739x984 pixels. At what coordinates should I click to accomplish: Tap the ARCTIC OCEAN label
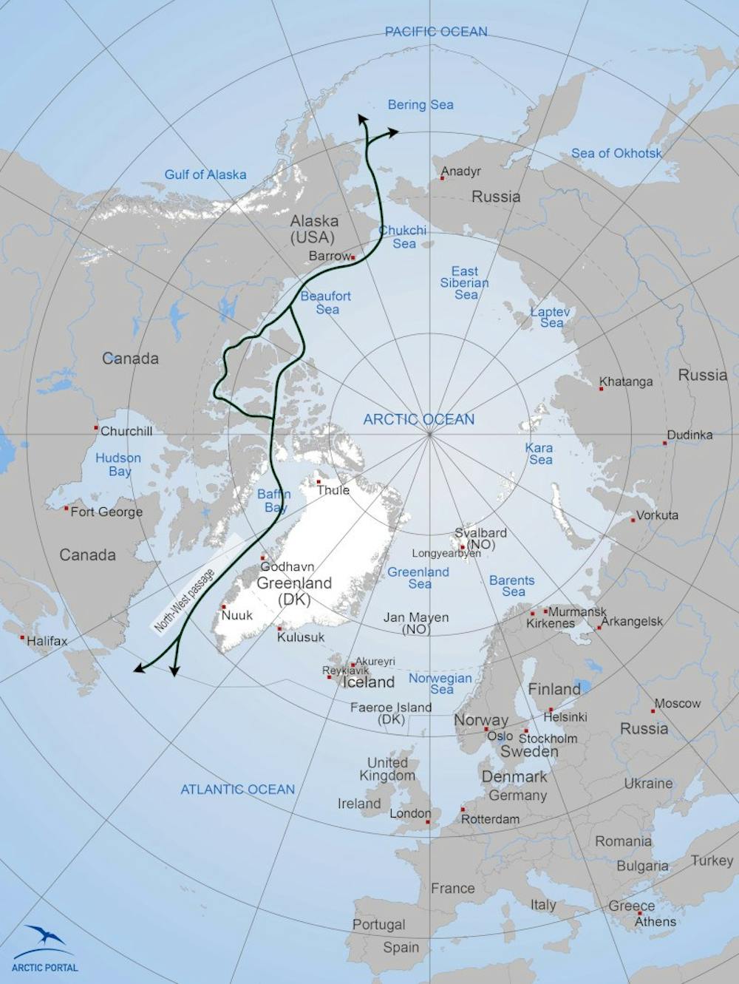point(418,419)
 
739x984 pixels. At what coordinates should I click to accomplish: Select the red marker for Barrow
point(353,257)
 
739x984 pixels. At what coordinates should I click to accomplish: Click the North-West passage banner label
point(184,600)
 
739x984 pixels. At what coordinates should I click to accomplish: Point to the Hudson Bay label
point(118,464)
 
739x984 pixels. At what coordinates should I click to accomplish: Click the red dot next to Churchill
point(96,428)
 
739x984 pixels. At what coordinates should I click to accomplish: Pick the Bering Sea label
point(420,105)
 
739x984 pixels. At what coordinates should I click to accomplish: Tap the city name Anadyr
point(461,172)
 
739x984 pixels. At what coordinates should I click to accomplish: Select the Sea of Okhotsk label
point(616,153)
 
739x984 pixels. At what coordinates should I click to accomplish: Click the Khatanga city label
point(627,381)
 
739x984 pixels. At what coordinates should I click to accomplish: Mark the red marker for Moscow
point(653,710)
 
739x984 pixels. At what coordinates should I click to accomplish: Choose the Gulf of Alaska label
point(205,174)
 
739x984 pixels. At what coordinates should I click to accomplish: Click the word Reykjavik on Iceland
point(345,671)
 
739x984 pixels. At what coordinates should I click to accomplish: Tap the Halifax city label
point(47,641)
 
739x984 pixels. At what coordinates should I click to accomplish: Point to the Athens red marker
point(640,913)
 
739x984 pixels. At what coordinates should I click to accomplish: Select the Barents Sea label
point(511,586)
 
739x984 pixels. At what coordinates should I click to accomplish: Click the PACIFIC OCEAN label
point(436,32)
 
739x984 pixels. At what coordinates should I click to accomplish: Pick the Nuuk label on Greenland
point(237,614)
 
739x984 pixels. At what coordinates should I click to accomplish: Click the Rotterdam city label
point(490,819)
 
